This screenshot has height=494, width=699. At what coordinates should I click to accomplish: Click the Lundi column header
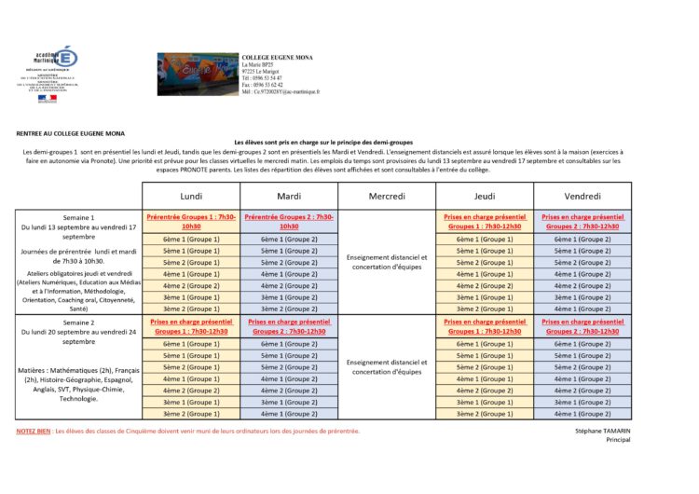[x=191, y=196]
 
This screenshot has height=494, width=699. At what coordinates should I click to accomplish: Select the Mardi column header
[x=289, y=196]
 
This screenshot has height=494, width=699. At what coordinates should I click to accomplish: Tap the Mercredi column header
[x=387, y=196]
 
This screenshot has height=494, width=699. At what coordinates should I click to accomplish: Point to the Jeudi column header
[x=484, y=196]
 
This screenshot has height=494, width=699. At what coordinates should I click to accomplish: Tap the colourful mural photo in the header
[x=198, y=74]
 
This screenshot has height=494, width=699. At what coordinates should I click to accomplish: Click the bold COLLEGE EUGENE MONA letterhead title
[x=277, y=57]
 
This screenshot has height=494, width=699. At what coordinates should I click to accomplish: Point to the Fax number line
[x=263, y=85]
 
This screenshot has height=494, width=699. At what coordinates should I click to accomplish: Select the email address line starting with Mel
[x=280, y=92]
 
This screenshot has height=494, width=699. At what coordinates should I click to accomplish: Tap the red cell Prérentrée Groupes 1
[x=191, y=221]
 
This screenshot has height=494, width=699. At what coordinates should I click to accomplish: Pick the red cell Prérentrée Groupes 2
[x=289, y=221]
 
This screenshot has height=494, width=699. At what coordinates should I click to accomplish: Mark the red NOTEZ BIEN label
[x=34, y=432]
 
